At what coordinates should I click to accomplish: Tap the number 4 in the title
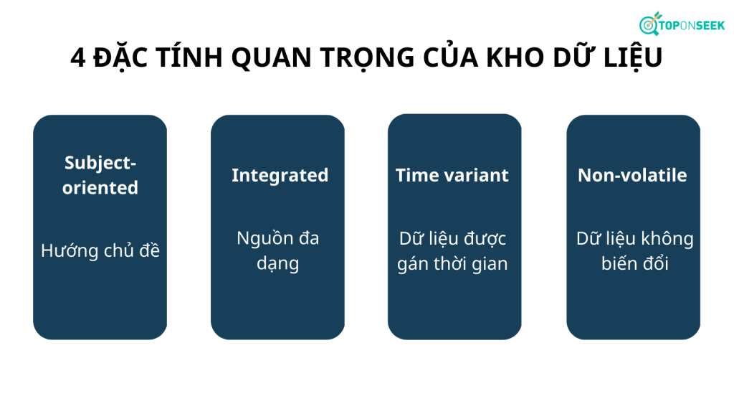click(x=77, y=57)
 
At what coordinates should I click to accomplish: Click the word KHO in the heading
click(x=515, y=57)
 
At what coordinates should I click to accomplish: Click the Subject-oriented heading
click(x=100, y=175)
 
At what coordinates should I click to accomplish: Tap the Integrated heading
click(x=280, y=176)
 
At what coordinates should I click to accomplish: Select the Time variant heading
click(x=452, y=175)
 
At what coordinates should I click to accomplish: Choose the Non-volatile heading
click(x=632, y=175)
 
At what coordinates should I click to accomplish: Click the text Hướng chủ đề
click(x=100, y=250)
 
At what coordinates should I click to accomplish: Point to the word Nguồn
click(x=262, y=239)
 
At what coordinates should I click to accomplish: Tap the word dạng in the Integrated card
click(x=277, y=263)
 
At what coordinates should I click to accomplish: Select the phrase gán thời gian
click(x=452, y=264)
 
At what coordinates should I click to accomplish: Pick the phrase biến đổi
click(x=635, y=263)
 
